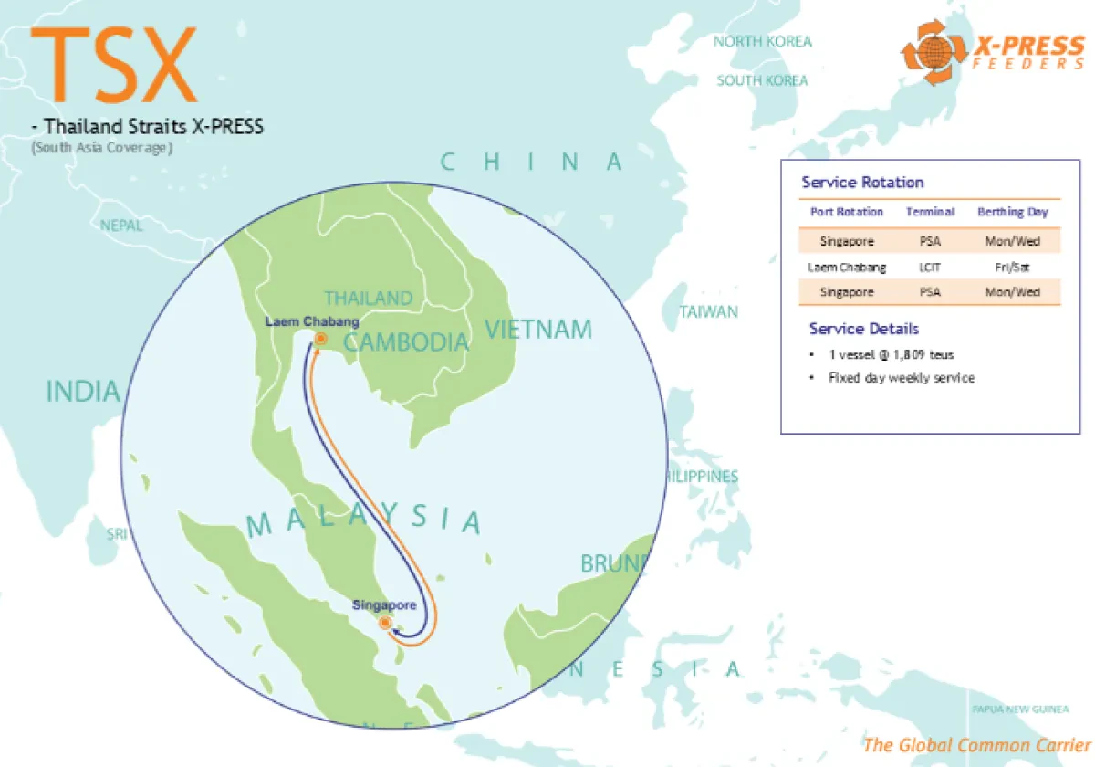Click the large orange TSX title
pos(114,64)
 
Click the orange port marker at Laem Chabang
pos(320,339)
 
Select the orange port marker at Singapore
pos(385,623)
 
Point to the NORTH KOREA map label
pos(762,41)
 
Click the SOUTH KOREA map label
pos(762,80)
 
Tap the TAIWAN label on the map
pos(708,312)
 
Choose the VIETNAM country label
pos(537,330)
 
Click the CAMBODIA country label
pos(406,343)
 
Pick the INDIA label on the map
pos(83,392)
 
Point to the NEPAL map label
pos(121,226)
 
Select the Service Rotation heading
pos(862,183)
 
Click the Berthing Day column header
pos(1013,212)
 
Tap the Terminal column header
pos(930,212)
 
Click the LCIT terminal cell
pos(930,268)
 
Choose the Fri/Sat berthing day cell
pos(1013,268)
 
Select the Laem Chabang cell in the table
pos(847,268)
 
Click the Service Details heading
pos(863,329)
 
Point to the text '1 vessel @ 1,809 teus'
pos(891,354)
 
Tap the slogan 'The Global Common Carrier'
pos(976,745)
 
